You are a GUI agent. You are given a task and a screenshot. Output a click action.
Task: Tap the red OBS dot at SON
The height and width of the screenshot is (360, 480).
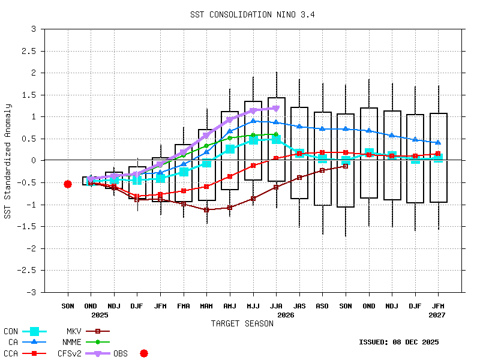(68, 184)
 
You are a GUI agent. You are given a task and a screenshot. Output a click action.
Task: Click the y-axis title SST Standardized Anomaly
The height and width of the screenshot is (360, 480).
(8, 161)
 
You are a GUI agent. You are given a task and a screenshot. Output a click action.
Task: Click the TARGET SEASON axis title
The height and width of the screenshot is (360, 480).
(242, 323)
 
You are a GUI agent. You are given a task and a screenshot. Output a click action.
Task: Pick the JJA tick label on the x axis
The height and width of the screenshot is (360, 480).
(276, 306)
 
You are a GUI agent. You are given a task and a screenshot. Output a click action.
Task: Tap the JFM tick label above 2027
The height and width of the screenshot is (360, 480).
(438, 306)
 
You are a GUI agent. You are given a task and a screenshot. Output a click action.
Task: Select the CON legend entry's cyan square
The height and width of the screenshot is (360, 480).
(34, 331)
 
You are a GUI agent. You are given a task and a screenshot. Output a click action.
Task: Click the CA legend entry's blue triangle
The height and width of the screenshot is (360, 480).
(34, 342)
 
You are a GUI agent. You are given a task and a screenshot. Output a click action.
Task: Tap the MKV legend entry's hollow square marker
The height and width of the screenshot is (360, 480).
(98, 331)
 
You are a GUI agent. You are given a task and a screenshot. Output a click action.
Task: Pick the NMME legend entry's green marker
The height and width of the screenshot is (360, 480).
(98, 342)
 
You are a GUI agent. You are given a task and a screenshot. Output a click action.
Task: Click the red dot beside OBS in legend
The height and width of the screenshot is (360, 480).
(144, 353)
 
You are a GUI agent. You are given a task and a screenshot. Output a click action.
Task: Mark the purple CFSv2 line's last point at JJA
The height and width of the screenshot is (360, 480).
(276, 109)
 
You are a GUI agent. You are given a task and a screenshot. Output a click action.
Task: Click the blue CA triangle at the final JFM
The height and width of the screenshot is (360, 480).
(438, 142)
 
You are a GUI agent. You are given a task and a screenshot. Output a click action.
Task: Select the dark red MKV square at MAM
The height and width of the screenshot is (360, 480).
(206, 210)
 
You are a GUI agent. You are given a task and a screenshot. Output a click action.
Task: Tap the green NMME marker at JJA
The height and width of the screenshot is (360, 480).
(276, 134)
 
